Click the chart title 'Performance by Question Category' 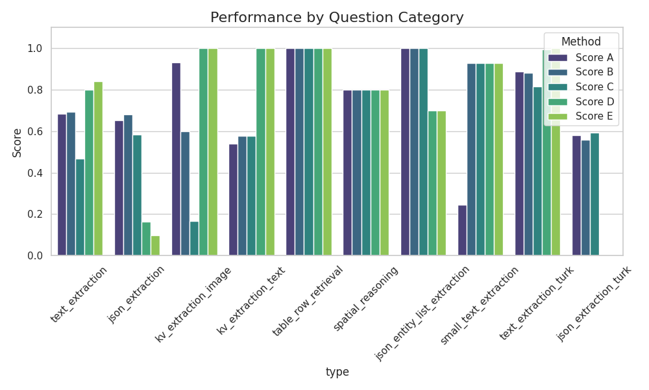click(337, 18)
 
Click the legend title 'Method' click(581, 42)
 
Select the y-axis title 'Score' click(18, 142)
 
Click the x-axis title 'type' click(337, 372)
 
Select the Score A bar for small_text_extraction click(462, 231)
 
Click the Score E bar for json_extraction click(156, 246)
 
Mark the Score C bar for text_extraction click(80, 207)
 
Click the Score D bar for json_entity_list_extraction click(432, 183)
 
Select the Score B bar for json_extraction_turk click(585, 198)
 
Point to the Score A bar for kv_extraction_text click(233, 200)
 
